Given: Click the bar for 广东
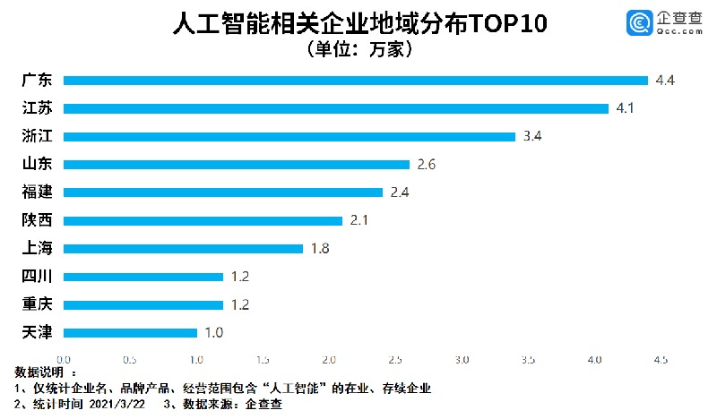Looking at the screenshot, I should (356, 81).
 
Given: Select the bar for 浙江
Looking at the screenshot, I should (289, 137).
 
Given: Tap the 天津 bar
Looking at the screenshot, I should (131, 333).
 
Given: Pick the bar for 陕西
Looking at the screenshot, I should (203, 220).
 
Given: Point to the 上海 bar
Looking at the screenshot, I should (184, 249).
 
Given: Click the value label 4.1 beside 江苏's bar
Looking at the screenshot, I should (626, 109).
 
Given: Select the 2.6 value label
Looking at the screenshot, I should (427, 165).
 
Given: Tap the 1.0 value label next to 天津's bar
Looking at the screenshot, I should (212, 333).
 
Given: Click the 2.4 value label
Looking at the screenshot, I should (400, 192).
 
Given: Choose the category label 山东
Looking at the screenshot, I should (37, 165).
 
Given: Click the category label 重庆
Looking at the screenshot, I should (37, 305).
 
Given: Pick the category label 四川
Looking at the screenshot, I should (37, 277).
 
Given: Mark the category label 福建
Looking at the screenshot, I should (37, 192).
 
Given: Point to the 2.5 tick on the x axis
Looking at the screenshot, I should (395, 360).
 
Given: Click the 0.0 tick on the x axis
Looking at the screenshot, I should (64, 360).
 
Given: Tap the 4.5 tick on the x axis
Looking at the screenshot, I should (660, 360).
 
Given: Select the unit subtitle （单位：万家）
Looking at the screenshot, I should (358, 50).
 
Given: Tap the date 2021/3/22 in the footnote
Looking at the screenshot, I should (119, 404).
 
